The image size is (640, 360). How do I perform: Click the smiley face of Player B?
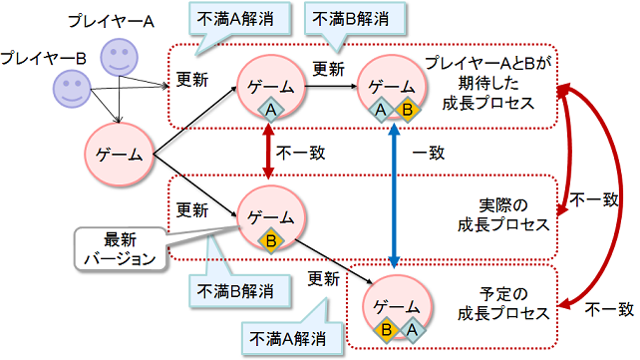click(74, 91)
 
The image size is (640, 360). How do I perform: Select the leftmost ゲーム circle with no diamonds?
click(120, 156)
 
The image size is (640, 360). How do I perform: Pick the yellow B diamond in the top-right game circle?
click(407, 110)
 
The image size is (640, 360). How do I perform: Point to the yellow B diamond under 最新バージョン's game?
click(269, 240)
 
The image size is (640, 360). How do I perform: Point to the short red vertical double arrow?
click(267, 154)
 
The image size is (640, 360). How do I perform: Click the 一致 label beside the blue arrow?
click(429, 154)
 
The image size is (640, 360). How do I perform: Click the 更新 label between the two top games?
click(329, 71)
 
